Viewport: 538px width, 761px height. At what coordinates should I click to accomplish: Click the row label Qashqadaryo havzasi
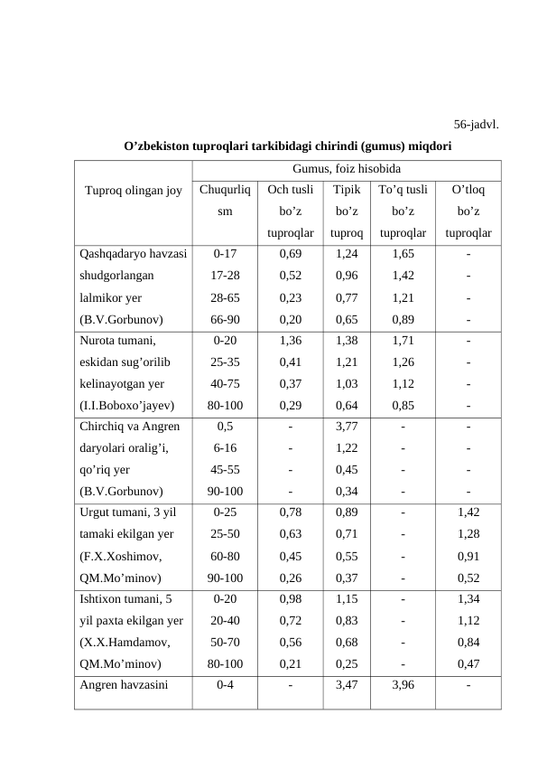[133, 254]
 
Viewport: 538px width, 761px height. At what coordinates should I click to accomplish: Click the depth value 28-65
[224, 297]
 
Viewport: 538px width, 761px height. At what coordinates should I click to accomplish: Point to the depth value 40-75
[224, 384]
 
